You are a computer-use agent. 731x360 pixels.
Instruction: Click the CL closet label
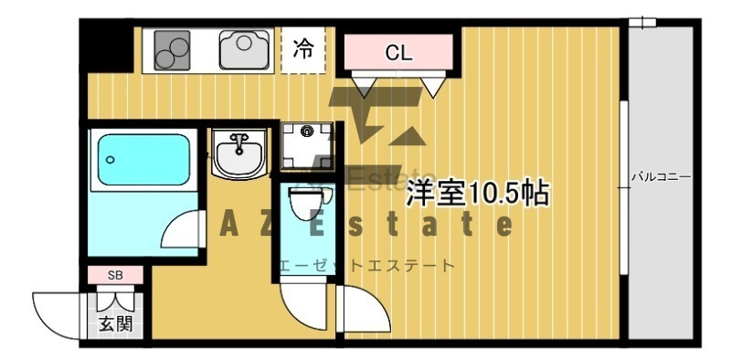click(398, 53)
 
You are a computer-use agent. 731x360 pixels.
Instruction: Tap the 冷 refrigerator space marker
click(303, 48)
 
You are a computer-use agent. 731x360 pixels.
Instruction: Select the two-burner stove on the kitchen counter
click(172, 50)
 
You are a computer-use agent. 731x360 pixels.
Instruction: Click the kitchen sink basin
click(245, 50)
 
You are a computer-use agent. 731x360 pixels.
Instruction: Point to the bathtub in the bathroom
click(143, 160)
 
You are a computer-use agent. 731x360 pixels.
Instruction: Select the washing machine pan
click(307, 145)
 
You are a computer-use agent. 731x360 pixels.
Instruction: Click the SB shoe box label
click(115, 275)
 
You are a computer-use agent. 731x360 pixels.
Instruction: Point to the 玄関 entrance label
click(115, 323)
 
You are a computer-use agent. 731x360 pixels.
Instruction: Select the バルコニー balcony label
click(661, 177)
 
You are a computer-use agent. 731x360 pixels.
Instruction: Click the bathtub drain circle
click(110, 160)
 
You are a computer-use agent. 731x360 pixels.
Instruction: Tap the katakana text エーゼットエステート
click(366, 266)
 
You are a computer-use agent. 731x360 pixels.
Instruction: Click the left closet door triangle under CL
click(364, 86)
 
